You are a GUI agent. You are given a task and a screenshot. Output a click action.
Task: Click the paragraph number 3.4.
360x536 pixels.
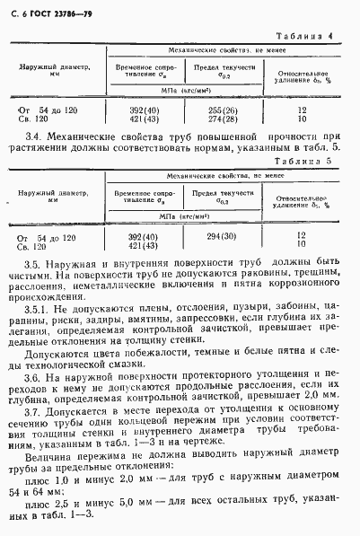click(x=35, y=133)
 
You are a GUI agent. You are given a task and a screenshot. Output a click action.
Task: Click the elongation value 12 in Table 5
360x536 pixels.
click(x=302, y=234)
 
